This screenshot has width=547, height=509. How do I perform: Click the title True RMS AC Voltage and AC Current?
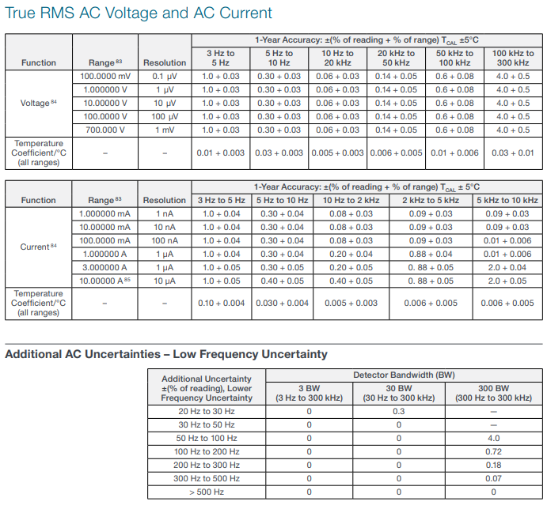139,13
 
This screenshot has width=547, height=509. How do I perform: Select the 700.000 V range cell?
102,130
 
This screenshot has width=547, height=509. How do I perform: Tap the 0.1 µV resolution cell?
164,76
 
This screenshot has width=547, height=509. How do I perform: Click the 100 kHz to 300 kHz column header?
512,58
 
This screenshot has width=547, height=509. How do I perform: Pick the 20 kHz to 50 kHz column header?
396,58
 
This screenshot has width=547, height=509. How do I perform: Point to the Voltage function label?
38,103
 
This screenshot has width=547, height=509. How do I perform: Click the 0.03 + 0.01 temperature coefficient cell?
512,153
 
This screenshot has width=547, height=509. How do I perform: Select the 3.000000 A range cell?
104,267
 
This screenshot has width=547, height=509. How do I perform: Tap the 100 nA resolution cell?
164,240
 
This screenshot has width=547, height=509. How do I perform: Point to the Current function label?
38,247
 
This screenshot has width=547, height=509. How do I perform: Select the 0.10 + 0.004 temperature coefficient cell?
221,303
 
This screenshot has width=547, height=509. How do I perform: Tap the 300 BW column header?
493,393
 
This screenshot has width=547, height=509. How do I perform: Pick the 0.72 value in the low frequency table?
493,451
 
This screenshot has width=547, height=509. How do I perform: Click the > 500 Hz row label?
206,492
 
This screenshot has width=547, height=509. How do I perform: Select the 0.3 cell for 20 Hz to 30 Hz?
398,411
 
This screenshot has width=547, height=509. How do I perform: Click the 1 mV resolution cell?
164,130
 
